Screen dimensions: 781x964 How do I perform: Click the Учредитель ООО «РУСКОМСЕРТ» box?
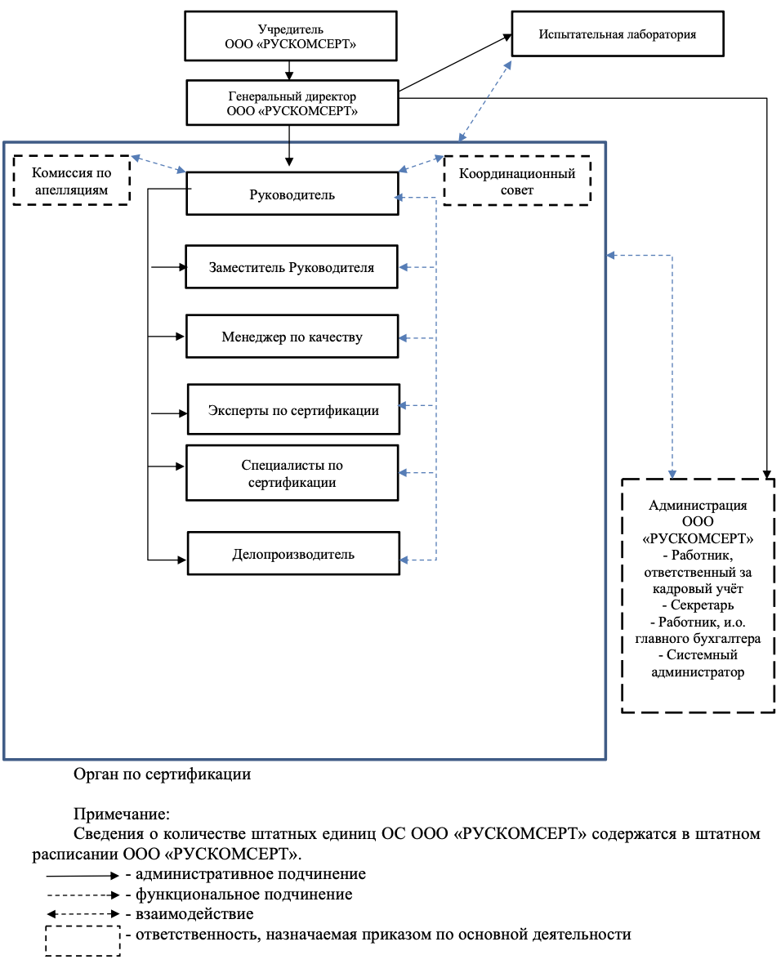[291, 36]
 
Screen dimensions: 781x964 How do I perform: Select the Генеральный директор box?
[292, 103]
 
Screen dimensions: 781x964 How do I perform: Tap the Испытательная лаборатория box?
[618, 33]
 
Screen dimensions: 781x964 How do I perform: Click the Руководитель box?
[292, 193]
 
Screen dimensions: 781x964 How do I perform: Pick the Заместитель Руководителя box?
[292, 267]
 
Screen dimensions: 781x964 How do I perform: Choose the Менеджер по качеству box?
[292, 337]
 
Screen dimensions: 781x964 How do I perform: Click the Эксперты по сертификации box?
[293, 409]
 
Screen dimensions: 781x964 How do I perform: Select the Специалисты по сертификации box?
[292, 473]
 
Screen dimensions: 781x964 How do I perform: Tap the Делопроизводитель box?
[293, 553]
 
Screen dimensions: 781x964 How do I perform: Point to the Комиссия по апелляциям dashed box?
[71, 180]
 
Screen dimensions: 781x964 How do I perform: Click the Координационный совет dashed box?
[517, 181]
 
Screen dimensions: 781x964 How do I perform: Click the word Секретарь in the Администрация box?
[702, 605]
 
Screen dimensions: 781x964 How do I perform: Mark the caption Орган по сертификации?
[163, 774]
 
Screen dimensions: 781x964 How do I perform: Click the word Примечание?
[122, 814]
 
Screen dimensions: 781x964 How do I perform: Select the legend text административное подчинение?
[251, 874]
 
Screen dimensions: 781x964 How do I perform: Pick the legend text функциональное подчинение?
[244, 895]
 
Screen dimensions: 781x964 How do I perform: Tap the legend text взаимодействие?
[195, 914]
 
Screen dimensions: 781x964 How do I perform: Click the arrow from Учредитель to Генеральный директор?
[289, 70]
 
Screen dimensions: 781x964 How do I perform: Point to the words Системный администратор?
[698, 663]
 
